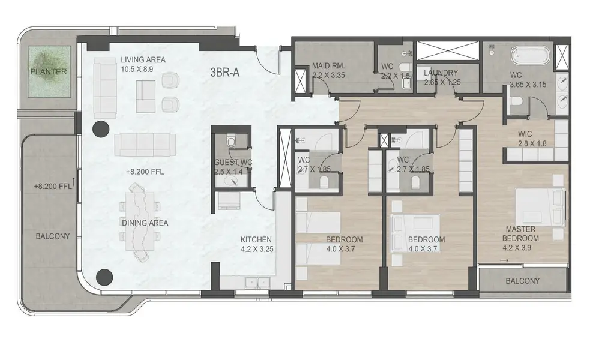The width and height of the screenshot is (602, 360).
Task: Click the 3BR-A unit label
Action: tap(225, 72)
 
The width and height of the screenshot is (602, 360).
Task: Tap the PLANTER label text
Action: tap(49, 72)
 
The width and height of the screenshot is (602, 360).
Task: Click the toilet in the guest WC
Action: tap(231, 142)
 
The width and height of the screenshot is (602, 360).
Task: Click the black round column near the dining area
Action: tap(104, 277)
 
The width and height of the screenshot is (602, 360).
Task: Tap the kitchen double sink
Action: tap(258, 283)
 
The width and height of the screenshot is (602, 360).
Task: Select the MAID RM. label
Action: tap(328, 65)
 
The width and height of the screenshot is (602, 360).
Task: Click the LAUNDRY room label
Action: tap(441, 73)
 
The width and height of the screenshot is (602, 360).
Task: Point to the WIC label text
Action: tap(525, 134)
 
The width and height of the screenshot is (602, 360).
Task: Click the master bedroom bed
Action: tap(540, 207)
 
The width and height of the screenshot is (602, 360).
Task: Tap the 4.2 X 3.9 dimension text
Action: tap(517, 248)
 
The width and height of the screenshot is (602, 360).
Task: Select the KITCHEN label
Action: tap(256, 239)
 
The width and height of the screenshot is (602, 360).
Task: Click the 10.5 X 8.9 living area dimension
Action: tap(137, 69)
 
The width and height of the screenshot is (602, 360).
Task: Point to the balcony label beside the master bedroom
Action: tap(523, 281)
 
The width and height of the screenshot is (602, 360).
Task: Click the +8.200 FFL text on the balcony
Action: tap(53, 187)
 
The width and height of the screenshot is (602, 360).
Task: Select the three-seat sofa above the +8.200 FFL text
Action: tap(145, 145)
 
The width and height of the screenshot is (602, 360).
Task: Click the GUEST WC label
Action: tap(233, 163)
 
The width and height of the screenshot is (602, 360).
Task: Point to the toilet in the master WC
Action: tap(516, 102)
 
